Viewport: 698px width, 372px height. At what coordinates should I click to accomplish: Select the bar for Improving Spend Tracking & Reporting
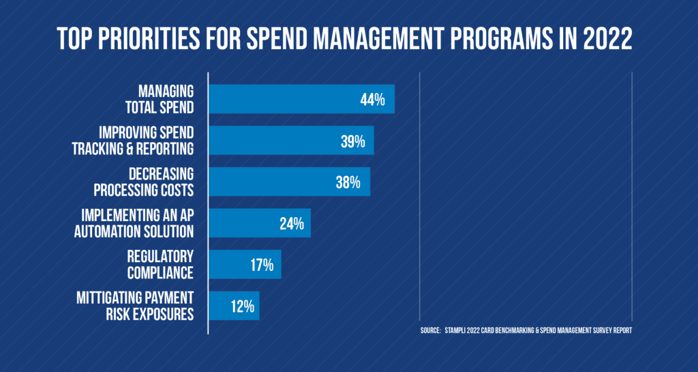[x=273, y=141]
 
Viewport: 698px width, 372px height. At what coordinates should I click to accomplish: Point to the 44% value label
[x=373, y=100]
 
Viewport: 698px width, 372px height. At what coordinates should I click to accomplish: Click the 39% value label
[x=352, y=141]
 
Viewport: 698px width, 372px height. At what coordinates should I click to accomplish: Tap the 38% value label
[x=349, y=182]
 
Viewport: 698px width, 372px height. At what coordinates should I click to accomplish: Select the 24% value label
[x=291, y=223]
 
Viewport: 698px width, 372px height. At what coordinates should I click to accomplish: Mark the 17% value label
[x=261, y=265]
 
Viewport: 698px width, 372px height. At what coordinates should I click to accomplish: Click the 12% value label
[x=241, y=306]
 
